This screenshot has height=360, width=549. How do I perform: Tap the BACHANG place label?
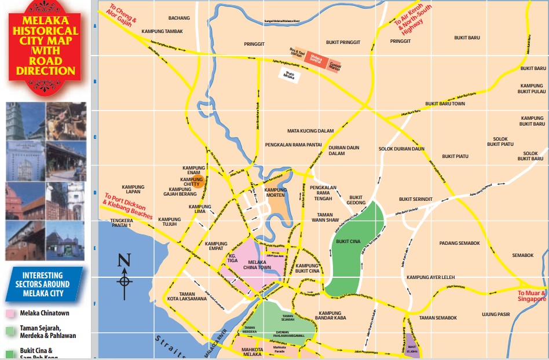[179, 18]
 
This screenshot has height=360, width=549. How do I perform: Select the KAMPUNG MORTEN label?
[276, 192]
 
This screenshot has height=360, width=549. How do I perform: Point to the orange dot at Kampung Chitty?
[198, 183]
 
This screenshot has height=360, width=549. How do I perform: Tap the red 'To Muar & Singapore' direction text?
[532, 296]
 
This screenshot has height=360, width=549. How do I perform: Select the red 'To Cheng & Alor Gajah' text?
[123, 18]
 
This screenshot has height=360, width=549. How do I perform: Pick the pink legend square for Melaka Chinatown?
[10, 313]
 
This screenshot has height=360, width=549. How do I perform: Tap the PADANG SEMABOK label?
[459, 243]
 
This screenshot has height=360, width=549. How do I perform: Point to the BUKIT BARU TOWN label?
[445, 104]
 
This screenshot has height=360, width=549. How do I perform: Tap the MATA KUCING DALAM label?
[311, 131]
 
